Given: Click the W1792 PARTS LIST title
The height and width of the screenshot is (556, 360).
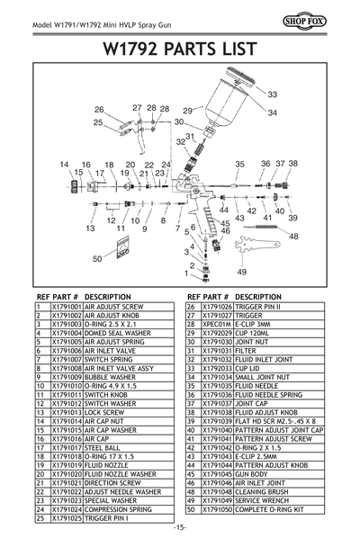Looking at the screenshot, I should tap(180, 47).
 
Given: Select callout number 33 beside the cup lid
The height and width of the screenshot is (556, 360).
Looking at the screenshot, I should tap(272, 94).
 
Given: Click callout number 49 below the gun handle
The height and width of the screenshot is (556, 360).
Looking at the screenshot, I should tap(241, 271).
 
